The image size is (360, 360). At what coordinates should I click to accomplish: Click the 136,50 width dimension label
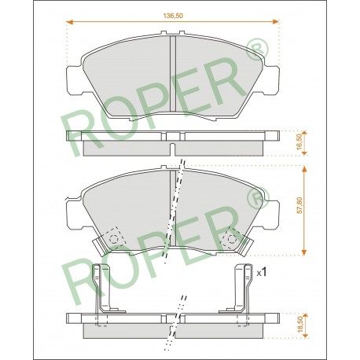tap(173, 16)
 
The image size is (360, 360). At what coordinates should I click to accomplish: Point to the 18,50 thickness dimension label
tap(300, 324)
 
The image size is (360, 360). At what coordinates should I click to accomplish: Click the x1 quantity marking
tap(262, 273)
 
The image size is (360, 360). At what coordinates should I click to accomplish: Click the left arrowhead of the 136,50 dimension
tap(69, 21)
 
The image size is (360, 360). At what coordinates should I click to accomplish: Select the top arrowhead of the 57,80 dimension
tap(304, 169)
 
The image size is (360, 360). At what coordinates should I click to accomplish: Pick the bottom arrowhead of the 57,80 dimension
tap(304, 252)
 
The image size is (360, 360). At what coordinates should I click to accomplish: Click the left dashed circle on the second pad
tap(114, 239)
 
